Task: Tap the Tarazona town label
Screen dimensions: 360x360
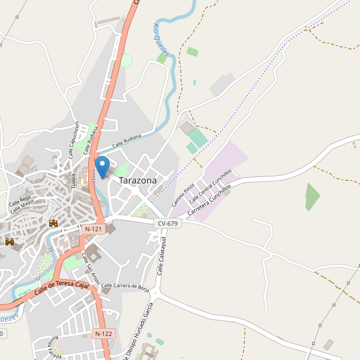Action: click(x=137, y=180)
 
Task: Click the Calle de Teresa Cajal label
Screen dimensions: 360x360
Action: click(x=61, y=287)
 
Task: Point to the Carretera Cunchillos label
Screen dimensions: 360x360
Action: click(x=209, y=201)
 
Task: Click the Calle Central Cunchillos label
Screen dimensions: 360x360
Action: click(x=209, y=185)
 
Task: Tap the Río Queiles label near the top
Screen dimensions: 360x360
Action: click(x=161, y=38)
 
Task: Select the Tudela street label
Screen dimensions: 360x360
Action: click(x=74, y=181)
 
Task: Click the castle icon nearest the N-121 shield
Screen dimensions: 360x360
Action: click(x=54, y=223)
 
